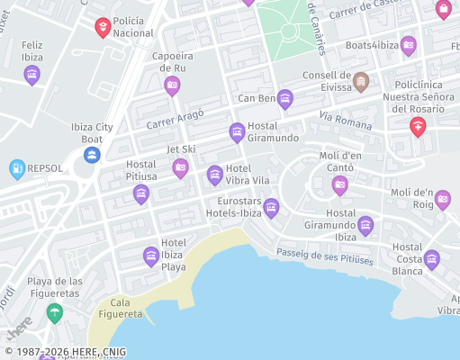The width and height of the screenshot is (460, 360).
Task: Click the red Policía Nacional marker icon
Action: pyautogui.click(x=104, y=27)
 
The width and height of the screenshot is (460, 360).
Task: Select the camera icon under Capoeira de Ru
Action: pyautogui.click(x=172, y=85)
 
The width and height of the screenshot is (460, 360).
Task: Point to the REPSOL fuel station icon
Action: pyautogui.click(x=16, y=168)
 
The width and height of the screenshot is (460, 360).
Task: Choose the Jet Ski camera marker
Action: pyautogui.click(x=180, y=166)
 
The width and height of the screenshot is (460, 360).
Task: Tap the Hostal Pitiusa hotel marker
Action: pyautogui.click(x=140, y=193)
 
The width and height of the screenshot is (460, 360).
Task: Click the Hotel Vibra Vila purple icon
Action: pyautogui.click(x=214, y=175)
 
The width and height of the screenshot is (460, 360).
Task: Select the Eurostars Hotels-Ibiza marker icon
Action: pyautogui.click(x=271, y=208)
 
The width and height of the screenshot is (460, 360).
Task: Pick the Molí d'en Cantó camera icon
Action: pyautogui.click(x=339, y=184)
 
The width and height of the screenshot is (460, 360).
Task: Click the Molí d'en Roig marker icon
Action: pyautogui.click(x=442, y=200)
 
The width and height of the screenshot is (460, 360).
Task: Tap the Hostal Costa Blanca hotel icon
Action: pyautogui.click(x=432, y=260)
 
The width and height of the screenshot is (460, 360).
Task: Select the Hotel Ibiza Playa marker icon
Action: pyautogui.click(x=151, y=256)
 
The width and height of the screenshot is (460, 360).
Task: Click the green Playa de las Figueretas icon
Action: pyautogui.click(x=55, y=312)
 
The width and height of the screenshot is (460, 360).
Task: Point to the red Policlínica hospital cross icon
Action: pyautogui.click(x=417, y=126)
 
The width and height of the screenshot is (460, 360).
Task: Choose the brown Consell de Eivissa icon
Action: pyautogui.click(x=360, y=82)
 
